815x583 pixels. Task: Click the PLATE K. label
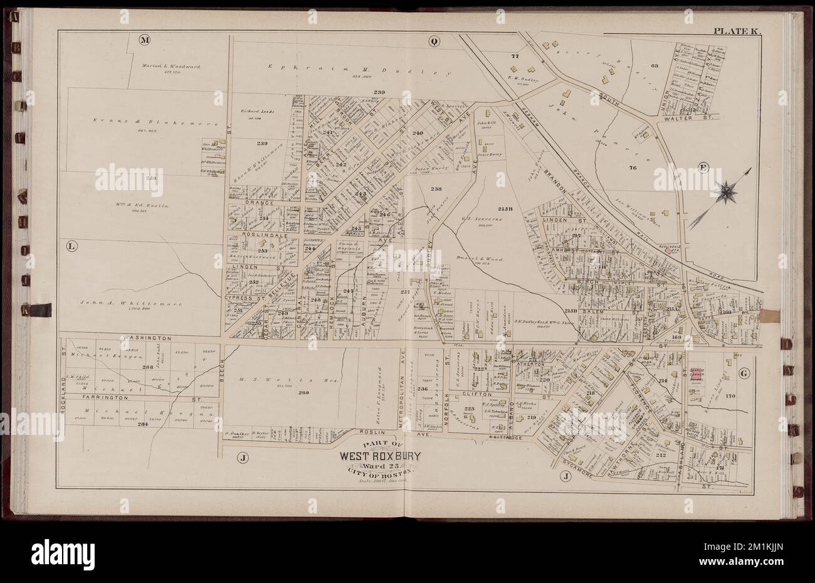(x=735, y=31)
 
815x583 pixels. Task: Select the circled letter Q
(x=433, y=42)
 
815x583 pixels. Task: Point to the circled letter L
(x=71, y=247)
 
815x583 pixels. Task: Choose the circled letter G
(x=744, y=374)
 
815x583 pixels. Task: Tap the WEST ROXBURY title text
(x=381, y=456)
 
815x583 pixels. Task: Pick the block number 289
(x=287, y=393)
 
